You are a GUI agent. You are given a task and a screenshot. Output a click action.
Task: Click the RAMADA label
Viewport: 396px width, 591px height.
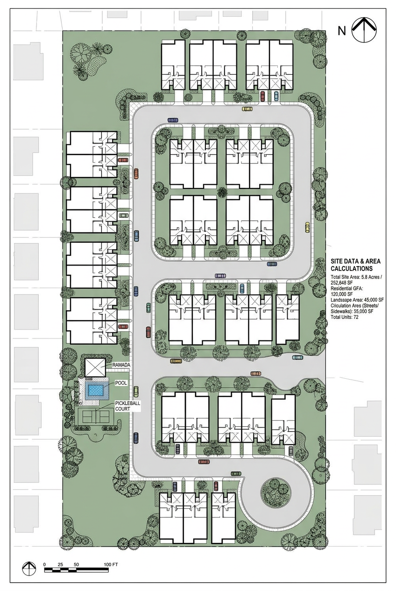tap(121, 365)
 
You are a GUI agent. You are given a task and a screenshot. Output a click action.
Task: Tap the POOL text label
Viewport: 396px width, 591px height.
tap(120, 383)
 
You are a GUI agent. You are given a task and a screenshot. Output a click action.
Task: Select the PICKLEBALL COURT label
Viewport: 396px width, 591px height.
tap(124, 406)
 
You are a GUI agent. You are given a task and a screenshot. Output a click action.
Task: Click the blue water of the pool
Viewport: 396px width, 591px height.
tap(95, 390)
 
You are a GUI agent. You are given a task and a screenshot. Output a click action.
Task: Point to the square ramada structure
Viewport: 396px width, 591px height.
tap(95, 368)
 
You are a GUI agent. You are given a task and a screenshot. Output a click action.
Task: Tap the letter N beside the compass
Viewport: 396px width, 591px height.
tap(342, 31)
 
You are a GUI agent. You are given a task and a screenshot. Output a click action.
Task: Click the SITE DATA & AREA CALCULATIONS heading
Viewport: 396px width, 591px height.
tap(355, 265)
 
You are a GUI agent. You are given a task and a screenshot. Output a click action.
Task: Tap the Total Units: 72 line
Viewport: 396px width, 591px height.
tap(344, 317)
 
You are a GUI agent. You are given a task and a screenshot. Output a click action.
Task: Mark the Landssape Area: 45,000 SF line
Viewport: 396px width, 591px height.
tap(357, 300)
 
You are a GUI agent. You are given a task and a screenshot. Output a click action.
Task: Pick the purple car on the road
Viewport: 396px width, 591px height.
tap(220, 276)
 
